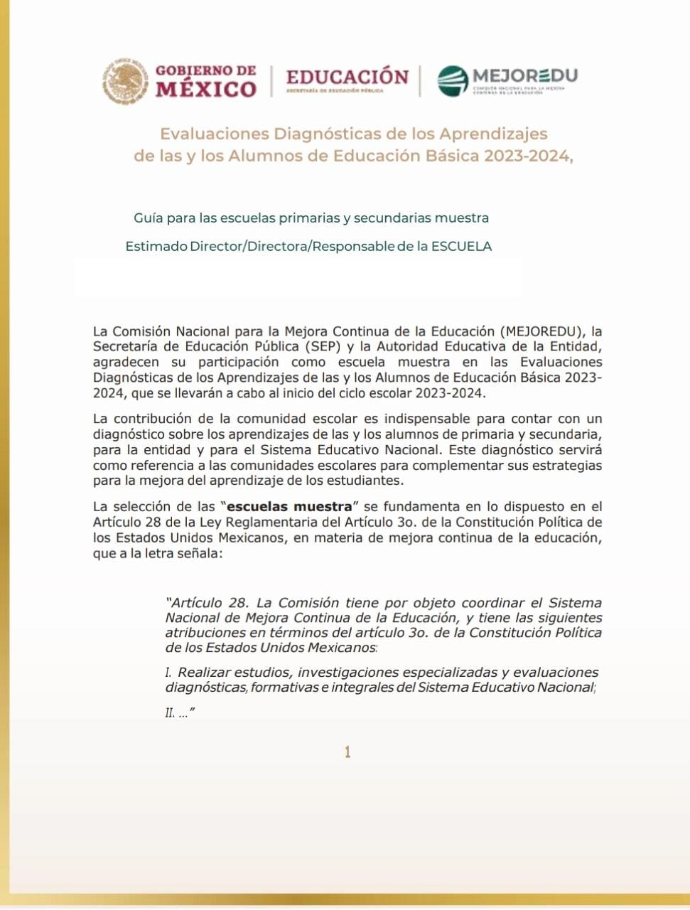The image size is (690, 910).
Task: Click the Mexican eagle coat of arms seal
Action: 125,81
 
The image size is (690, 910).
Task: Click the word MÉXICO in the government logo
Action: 206,90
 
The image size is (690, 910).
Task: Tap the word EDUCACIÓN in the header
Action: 347,77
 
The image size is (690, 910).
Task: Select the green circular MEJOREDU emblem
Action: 452,81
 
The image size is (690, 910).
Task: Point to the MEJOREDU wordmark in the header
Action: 524,75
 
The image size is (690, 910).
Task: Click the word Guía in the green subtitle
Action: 148,218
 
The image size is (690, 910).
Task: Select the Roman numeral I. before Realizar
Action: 169,673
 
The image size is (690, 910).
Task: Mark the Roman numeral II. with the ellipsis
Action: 172,712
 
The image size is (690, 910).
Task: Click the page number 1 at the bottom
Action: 347,752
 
